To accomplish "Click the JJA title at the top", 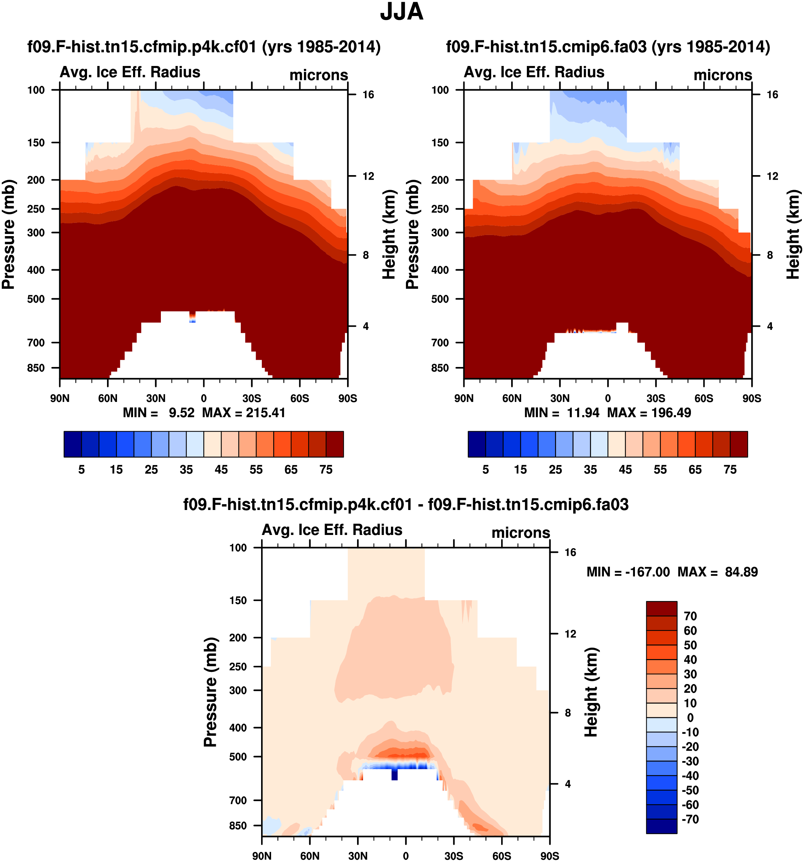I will coord(402,12).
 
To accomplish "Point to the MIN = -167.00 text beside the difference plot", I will coord(628,572).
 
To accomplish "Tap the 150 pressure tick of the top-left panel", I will coord(36,143).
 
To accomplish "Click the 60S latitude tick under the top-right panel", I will coord(703,398).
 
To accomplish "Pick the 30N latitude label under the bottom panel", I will coord(358,856).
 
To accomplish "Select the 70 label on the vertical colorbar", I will coord(690,616).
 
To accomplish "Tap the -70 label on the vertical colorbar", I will coord(690,819).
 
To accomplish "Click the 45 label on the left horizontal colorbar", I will coord(221,470).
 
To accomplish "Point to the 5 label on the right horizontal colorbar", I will coord(486,470).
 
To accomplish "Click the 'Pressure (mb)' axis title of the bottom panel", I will coord(211,692).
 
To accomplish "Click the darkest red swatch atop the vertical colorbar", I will coord(661,608).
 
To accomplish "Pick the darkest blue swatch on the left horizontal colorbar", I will coord(72,444).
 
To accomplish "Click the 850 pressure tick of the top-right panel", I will coord(440,368).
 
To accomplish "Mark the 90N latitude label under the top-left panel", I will coord(60,398).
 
